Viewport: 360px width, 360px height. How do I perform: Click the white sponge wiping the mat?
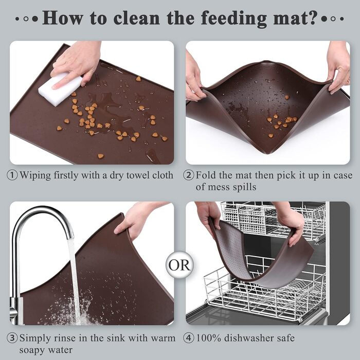(60, 89)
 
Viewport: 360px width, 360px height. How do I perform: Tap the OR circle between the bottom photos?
(179, 265)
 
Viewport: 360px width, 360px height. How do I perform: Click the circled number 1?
(12, 175)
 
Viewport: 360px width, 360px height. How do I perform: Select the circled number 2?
(189, 175)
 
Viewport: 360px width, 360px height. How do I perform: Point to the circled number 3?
(12, 338)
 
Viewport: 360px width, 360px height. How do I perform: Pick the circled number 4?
(189, 338)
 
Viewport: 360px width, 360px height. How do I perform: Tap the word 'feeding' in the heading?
(233, 19)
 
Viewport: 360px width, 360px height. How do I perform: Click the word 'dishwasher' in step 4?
(248, 338)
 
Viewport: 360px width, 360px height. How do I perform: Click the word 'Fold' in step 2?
(206, 175)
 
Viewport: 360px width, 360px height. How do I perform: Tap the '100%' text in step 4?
(208, 338)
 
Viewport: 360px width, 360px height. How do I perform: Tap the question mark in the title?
(313, 17)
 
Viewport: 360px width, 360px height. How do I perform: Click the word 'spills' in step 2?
(244, 187)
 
